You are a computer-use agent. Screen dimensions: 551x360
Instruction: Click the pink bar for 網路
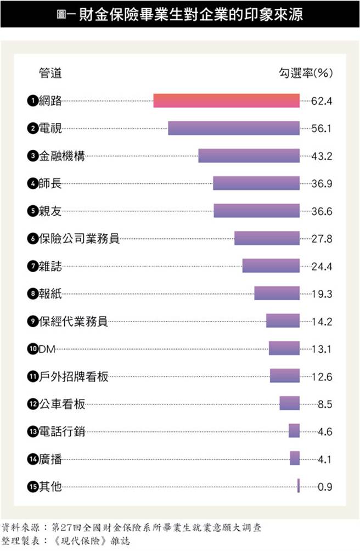coord(226,101)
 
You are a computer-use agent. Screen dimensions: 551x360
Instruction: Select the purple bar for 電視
coord(234,128)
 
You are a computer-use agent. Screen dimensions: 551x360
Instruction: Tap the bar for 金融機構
coord(249,156)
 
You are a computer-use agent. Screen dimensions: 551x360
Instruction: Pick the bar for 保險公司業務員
coord(267,238)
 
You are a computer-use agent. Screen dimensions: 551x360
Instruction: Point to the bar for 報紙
coord(277,294)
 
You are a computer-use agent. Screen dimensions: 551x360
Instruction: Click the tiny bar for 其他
coord(299,486)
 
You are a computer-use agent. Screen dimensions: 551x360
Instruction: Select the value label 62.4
coord(322,101)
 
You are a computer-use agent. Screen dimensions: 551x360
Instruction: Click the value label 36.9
coord(322,183)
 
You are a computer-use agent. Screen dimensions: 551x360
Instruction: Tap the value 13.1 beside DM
coord(322,348)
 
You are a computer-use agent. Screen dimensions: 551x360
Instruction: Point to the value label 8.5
coord(325,404)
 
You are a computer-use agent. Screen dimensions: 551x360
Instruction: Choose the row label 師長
coord(50,183)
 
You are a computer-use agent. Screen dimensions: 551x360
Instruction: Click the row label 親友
coord(50,211)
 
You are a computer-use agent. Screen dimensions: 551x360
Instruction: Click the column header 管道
coord(50,72)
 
